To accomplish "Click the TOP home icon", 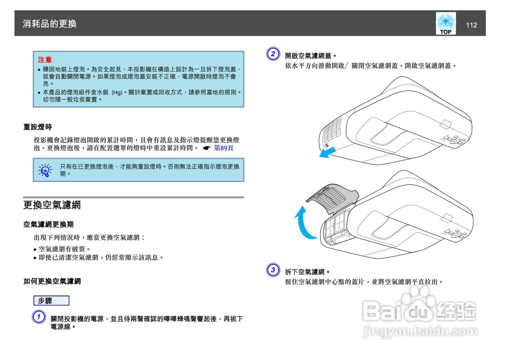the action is point(445,24).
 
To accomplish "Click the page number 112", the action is point(471,25).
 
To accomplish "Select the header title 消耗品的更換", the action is point(50,24).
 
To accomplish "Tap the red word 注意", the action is point(45,60).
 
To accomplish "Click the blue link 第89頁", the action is point(223,148).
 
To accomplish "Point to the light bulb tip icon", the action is point(45,170).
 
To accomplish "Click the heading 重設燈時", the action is point(37,127).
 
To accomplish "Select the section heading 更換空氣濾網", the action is point(52,205).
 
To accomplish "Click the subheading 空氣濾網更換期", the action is point(48,225).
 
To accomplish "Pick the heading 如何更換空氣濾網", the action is point(52,282).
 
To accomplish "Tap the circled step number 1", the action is point(38,317).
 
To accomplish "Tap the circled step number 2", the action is point(272,54).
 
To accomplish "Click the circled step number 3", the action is point(272,270).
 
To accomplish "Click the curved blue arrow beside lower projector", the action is point(303,225).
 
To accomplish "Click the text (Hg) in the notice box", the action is point(117,92).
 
